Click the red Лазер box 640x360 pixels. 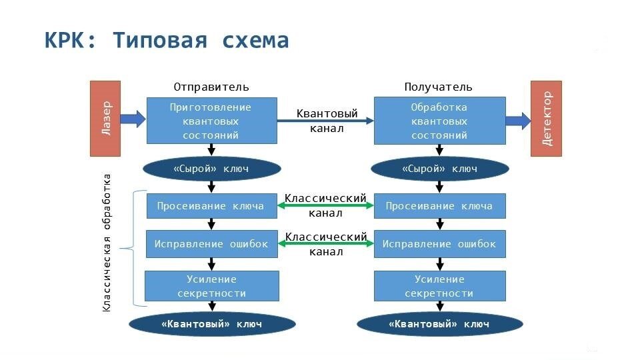point(105,118)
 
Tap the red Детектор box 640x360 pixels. point(546,118)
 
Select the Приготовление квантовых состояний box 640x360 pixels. point(211,121)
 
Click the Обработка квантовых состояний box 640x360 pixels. point(439,121)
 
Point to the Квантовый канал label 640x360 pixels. point(327,121)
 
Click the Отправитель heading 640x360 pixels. point(211,87)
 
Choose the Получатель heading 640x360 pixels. point(439,87)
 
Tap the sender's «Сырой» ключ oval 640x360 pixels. point(212,169)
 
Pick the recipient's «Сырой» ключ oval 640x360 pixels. point(439,169)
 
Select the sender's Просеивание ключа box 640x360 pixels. point(211,206)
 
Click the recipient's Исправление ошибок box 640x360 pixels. point(439,244)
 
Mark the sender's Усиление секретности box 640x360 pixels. point(211,286)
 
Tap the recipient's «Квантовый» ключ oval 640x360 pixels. point(439,324)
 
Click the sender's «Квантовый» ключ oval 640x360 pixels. point(211,324)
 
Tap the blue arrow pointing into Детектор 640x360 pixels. point(518,121)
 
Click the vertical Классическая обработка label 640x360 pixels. point(107,243)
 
